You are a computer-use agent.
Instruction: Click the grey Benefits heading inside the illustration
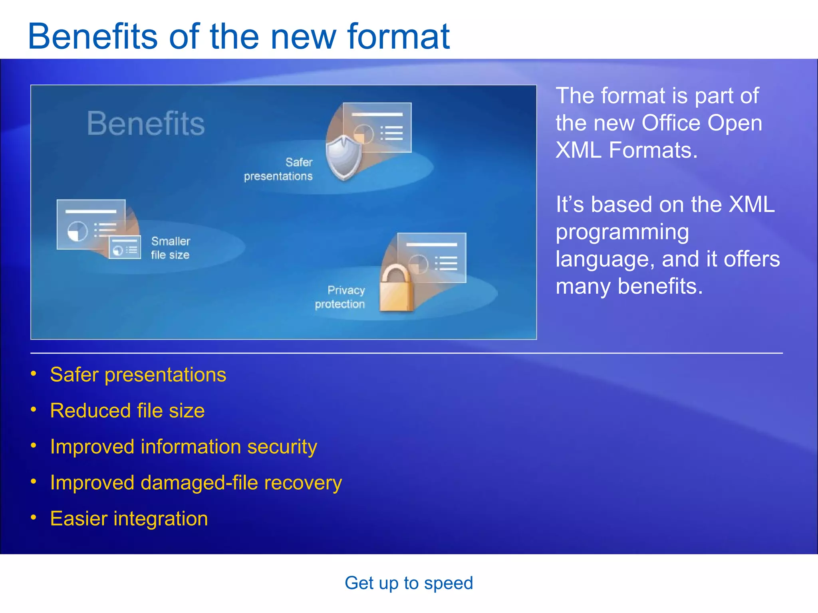click(146, 124)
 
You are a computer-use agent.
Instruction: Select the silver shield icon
click(343, 158)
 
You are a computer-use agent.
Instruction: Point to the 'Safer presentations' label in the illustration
click(279, 169)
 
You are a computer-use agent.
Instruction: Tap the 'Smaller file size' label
click(171, 248)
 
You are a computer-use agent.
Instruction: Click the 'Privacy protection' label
click(340, 297)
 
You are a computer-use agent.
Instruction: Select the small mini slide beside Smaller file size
click(125, 247)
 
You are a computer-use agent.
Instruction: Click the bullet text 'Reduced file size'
click(127, 411)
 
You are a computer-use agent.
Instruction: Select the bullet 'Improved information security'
click(183, 447)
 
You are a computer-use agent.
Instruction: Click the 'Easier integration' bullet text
click(129, 519)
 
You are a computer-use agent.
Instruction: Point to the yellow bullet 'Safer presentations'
click(138, 375)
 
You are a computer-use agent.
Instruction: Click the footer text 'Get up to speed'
click(409, 583)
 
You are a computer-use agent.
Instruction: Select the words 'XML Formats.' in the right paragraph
click(626, 150)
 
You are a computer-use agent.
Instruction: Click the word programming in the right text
click(622, 232)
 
